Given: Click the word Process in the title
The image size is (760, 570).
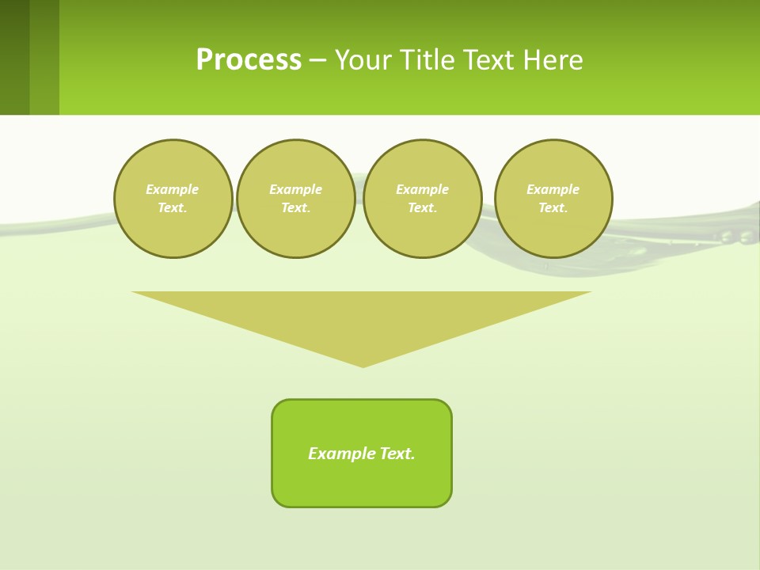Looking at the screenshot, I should point(249,60).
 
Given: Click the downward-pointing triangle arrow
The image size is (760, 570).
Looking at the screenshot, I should point(362,317).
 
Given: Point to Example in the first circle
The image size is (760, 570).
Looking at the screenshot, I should point(173,189).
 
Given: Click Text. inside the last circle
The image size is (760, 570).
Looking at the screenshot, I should point(553,208).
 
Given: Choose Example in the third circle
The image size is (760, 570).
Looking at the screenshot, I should point(422,189).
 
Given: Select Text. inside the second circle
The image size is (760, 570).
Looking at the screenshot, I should point(295,208).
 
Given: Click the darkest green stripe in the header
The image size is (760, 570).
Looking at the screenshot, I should point(14,57).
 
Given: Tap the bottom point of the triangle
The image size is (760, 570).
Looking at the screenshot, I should point(363,365).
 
